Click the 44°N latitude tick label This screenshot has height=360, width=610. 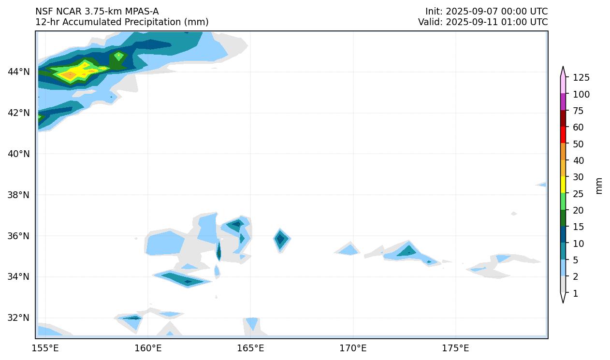point(19,72)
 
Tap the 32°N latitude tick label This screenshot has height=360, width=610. point(19,318)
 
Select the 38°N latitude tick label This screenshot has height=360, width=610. point(19,195)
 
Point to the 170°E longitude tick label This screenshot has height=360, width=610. point(353,348)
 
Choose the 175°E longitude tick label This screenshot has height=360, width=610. point(455,348)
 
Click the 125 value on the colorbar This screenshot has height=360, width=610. point(581,77)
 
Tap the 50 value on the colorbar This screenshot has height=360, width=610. point(579,144)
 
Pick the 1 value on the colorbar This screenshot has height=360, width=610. point(575,293)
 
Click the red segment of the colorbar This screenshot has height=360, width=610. point(563,134)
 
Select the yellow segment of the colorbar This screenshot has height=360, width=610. point(563,184)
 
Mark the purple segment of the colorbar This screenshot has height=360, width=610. point(563,102)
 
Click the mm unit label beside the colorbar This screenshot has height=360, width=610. point(599,186)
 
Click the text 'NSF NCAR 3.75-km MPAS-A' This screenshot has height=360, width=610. point(97,11)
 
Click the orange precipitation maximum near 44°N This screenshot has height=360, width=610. point(70,74)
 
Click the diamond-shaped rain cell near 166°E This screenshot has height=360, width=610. point(280,239)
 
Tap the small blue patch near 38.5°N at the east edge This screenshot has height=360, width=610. point(542,185)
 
